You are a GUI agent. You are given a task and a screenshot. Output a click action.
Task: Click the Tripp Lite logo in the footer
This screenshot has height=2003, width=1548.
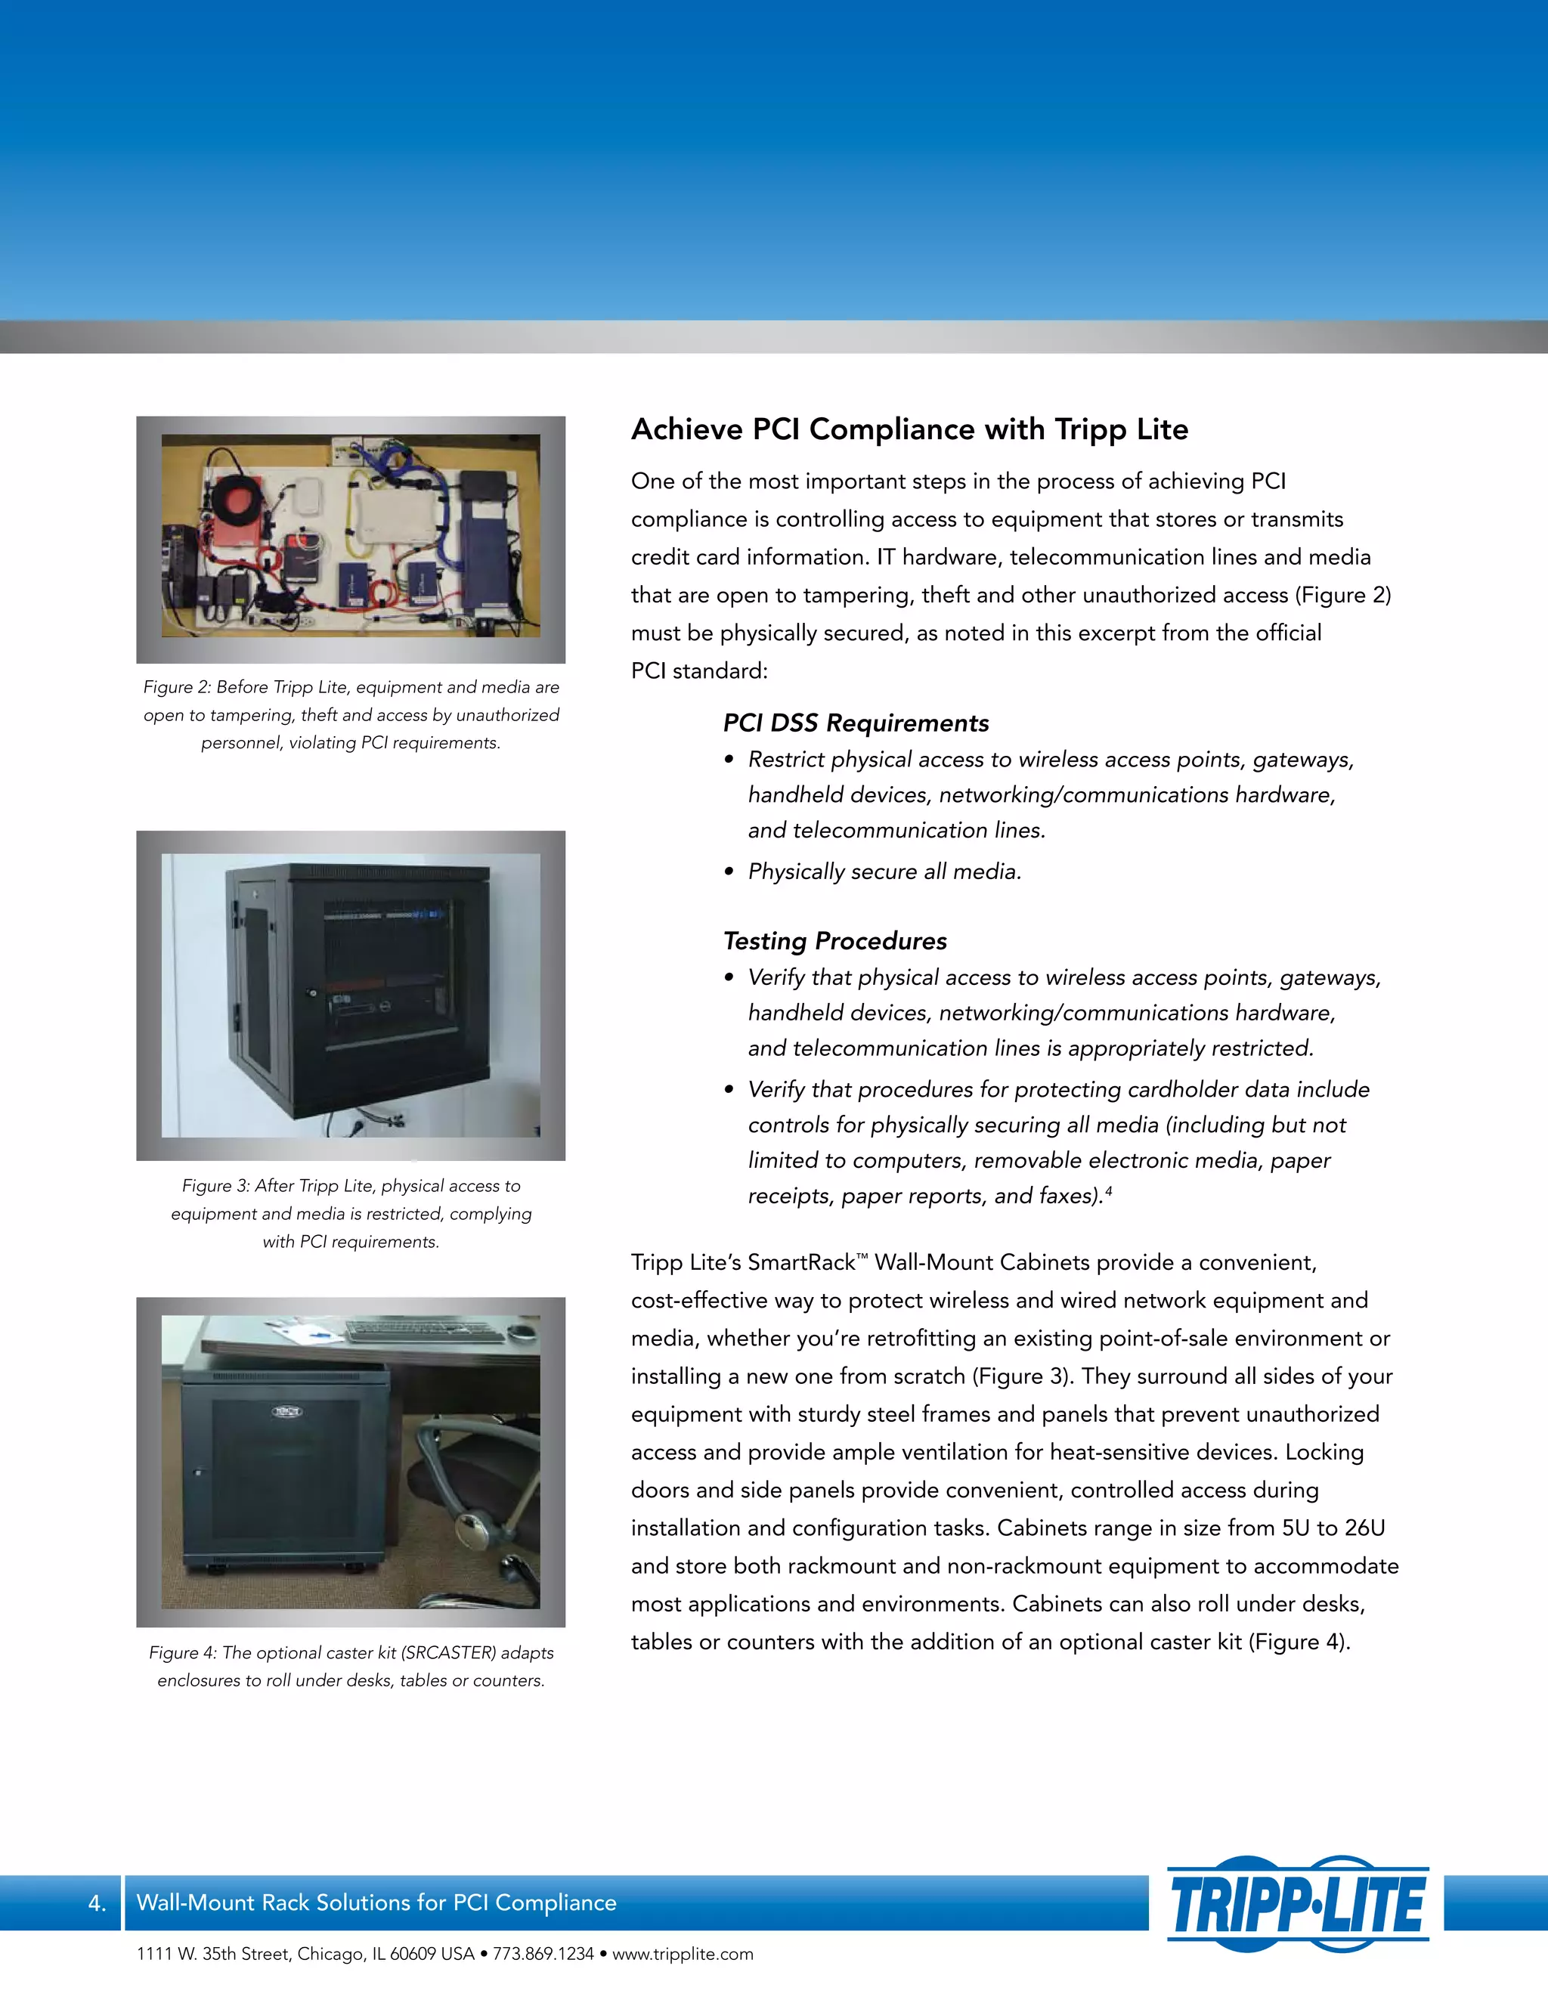[1298, 1902]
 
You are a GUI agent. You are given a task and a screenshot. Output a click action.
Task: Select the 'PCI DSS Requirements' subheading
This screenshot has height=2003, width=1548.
[856, 723]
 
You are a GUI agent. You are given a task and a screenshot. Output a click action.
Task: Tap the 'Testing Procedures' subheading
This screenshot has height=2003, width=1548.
[834, 941]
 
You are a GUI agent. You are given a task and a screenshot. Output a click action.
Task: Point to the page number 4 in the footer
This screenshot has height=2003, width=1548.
[96, 1903]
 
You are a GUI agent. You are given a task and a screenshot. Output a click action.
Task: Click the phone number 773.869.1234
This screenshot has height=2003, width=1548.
[543, 1955]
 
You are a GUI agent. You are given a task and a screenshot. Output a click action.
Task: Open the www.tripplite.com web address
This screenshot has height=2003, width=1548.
[683, 1955]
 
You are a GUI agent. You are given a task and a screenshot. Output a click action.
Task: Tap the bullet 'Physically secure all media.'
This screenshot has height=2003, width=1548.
[884, 871]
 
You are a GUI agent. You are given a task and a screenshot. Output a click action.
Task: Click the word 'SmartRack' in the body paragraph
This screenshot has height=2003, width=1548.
[800, 1263]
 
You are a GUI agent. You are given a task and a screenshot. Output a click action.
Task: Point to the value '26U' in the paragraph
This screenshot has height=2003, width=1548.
[1364, 1528]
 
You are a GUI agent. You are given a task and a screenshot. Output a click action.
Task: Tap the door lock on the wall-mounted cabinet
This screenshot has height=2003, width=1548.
[312, 992]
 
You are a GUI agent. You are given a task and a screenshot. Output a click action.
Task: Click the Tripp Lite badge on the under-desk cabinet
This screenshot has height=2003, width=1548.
[287, 1410]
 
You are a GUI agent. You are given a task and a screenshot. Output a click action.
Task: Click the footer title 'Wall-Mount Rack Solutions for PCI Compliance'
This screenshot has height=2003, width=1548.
[376, 1903]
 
